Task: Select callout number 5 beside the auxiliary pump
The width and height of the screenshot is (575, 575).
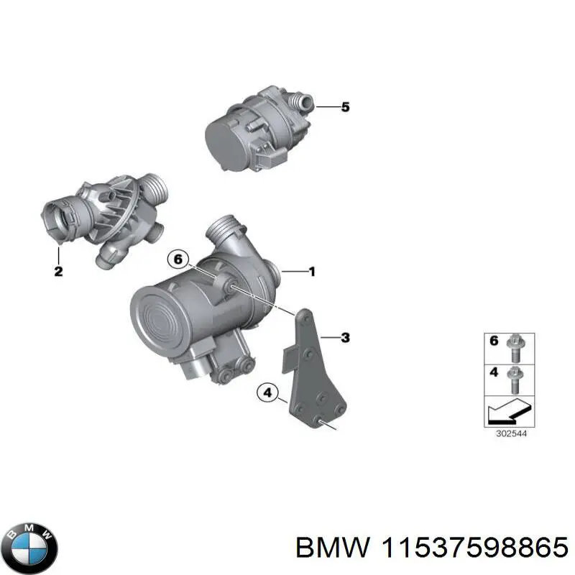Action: [345, 108]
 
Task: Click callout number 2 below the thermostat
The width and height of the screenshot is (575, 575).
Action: [58, 272]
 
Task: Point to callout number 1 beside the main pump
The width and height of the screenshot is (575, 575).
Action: [311, 272]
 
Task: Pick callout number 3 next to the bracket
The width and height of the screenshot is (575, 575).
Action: [345, 337]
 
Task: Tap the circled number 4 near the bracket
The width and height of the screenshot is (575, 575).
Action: [267, 392]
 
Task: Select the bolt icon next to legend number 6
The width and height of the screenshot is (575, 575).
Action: [515, 344]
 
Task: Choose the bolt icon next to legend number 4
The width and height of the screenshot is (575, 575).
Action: [515, 376]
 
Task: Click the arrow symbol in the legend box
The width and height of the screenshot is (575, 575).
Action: [507, 413]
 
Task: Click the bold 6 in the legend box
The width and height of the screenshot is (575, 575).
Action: [494, 341]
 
